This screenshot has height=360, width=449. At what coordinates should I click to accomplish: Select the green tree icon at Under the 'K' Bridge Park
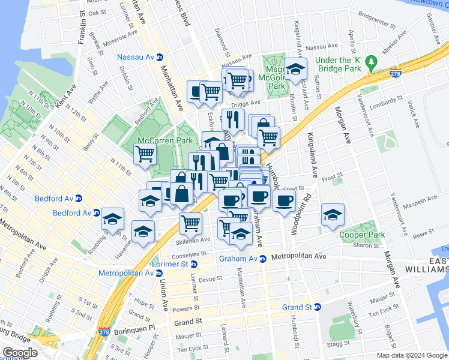(372, 61)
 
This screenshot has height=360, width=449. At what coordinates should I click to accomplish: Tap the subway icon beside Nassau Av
(160, 57)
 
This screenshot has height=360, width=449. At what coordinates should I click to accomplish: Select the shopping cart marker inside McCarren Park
(145, 154)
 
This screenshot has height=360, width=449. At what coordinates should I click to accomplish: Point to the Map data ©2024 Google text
(412, 355)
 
